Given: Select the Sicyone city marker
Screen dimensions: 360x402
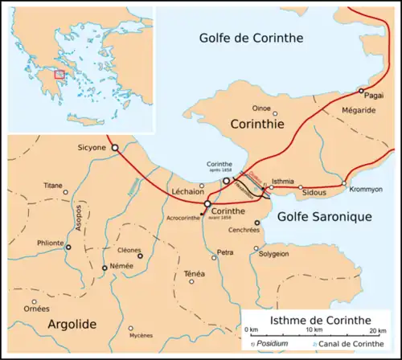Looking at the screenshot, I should coord(115,148).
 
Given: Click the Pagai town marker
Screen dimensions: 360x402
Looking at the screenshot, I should coord(362,90).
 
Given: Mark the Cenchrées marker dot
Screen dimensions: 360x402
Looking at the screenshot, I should coord(257,223).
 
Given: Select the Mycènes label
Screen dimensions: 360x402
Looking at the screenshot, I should coord(142,336).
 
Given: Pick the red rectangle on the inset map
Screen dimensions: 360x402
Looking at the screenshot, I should coord(59,75).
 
